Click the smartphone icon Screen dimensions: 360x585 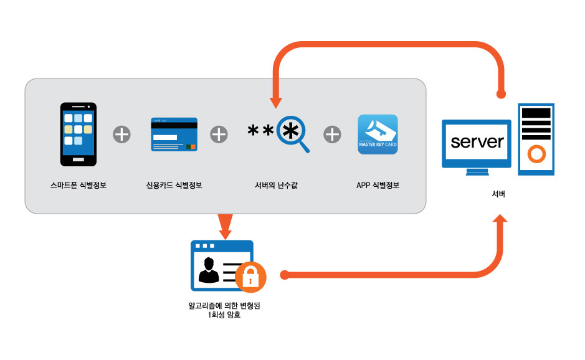78,135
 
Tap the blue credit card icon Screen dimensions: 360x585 174,135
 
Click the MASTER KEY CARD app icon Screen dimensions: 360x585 378,135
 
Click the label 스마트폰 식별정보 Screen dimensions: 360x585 78,185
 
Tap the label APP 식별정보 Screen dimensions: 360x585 378,185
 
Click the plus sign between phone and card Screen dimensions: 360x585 121,134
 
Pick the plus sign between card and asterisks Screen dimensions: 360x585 219,134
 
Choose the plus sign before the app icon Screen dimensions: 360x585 332,134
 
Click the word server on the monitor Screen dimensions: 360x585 477,141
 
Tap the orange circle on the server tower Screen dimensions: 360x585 535,153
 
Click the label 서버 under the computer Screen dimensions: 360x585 498,194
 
